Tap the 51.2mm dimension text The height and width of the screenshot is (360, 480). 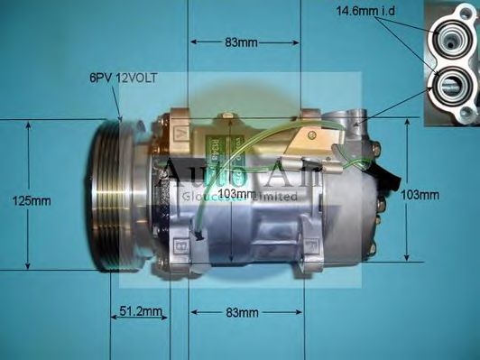point(140,312)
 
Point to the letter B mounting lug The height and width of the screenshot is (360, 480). point(182,244)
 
